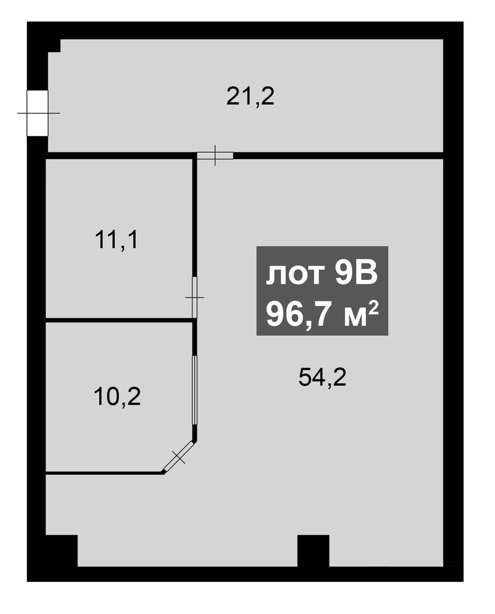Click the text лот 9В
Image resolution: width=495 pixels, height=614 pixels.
[x=322, y=274]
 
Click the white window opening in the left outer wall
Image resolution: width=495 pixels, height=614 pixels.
[x=37, y=113]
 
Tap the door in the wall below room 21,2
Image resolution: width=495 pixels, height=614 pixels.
[x=215, y=156]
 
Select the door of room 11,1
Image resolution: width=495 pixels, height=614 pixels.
[x=195, y=297]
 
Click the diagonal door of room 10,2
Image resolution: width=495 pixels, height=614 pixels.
[x=178, y=457]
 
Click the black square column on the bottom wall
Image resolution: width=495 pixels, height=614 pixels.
[x=313, y=551]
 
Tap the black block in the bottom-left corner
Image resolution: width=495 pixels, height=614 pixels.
[x=62, y=551]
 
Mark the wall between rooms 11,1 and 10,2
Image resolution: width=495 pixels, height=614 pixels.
[x=119, y=320]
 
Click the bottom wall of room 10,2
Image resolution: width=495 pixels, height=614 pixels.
[x=105, y=473]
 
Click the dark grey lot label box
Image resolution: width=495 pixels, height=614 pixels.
[x=322, y=290]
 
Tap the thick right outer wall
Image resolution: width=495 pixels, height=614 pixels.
[x=453, y=301]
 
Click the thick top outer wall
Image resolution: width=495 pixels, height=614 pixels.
[x=245, y=30]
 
